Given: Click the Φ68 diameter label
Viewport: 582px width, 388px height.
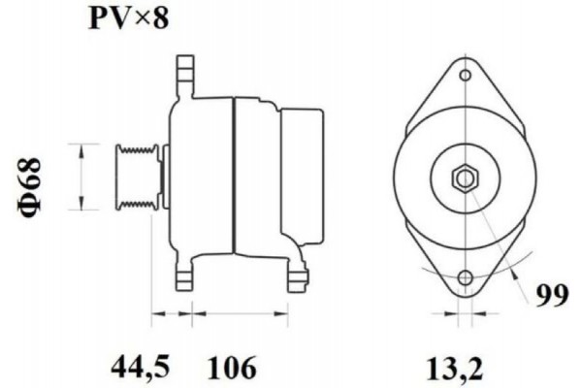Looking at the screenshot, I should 31,178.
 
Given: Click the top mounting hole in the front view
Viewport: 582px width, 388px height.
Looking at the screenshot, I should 467,74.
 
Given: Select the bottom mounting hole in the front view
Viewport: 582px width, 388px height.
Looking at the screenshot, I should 467,279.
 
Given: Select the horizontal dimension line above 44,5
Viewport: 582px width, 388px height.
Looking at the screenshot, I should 173,313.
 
